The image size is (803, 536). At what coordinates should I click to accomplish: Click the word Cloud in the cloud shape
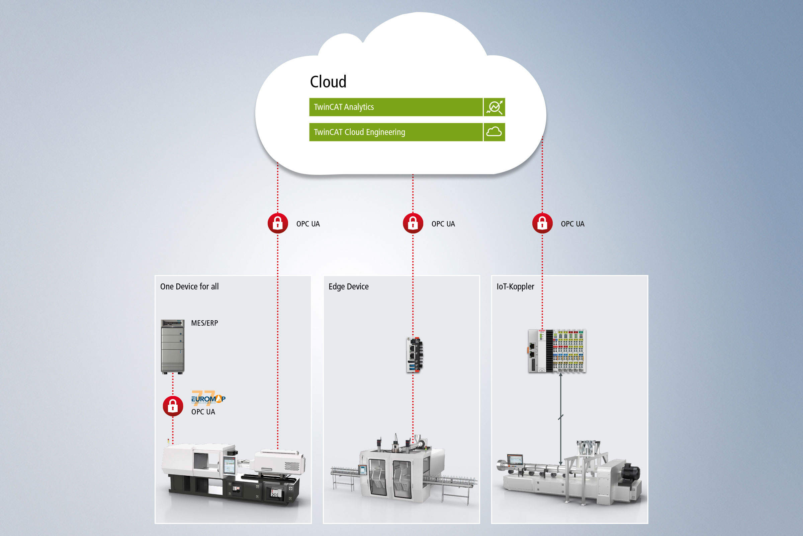tap(328, 82)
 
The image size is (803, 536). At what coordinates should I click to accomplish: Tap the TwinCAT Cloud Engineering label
tap(359, 132)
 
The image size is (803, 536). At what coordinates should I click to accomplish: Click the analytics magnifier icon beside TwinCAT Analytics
tap(494, 107)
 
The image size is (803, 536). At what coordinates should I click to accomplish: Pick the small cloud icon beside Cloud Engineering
tap(494, 132)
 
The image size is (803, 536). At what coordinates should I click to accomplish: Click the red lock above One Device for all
tap(278, 223)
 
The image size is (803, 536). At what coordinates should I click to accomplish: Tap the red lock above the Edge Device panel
tap(413, 223)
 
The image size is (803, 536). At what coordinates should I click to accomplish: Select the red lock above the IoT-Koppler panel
tap(542, 223)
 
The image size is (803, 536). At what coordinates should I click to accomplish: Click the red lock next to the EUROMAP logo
tap(173, 406)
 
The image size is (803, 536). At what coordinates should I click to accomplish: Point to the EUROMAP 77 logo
tap(208, 398)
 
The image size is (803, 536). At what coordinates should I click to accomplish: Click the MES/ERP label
tap(204, 323)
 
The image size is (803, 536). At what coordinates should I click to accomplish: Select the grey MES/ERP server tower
tap(172, 346)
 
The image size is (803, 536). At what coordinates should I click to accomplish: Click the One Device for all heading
tap(189, 286)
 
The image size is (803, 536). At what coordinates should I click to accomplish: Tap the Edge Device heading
tap(348, 286)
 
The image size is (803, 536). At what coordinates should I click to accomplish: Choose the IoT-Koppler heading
tap(515, 286)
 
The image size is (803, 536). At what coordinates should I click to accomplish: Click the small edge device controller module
tap(415, 355)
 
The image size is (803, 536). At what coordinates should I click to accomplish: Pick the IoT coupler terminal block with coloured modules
tap(557, 351)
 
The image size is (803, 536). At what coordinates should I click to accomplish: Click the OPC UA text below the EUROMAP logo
tap(203, 412)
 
